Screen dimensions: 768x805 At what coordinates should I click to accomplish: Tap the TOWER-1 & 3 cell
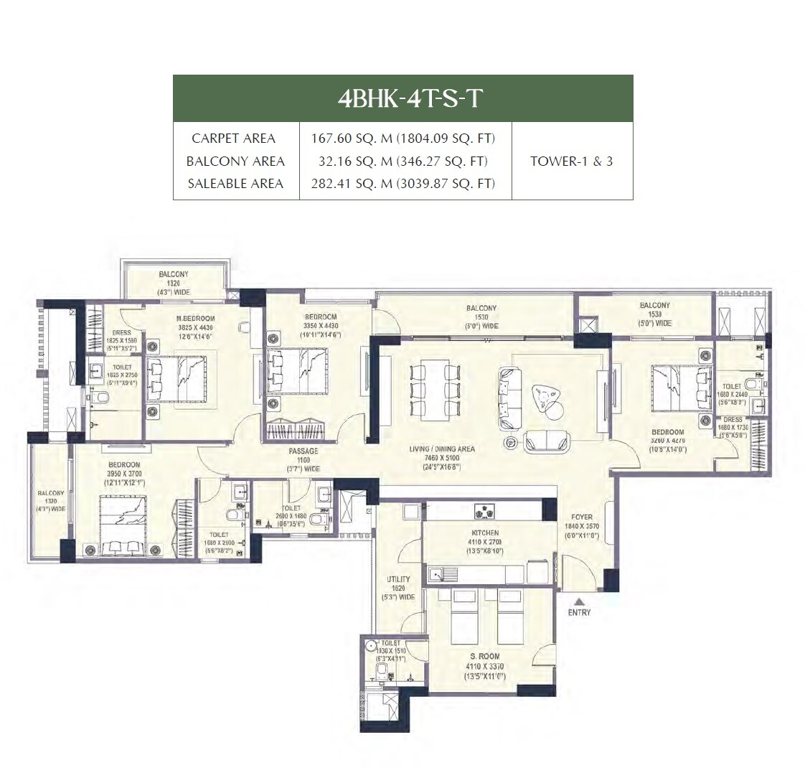tap(571, 161)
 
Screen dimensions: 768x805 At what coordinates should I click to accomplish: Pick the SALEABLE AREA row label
tap(235, 184)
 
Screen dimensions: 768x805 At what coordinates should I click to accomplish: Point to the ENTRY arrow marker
tap(579, 602)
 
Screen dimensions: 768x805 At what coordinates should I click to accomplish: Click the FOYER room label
tap(582, 517)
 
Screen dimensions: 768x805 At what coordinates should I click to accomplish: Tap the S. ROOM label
tap(485, 657)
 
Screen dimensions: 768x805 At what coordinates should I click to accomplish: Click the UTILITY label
tap(398, 579)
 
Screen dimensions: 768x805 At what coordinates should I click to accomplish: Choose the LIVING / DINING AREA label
tap(442, 449)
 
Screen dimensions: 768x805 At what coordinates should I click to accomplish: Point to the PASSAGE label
tap(303, 451)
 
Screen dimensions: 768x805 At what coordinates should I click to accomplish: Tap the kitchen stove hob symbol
tap(489, 512)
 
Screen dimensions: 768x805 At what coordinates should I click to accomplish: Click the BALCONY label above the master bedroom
tap(174, 274)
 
